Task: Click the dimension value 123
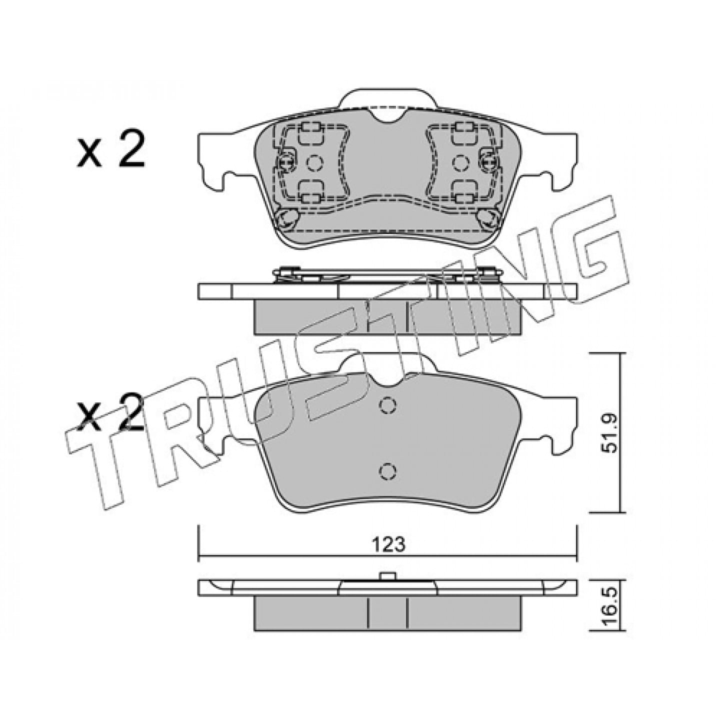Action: point(388,544)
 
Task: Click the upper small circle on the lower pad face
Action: point(387,405)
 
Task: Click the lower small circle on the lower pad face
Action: point(387,471)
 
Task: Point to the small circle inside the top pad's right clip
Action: point(460,162)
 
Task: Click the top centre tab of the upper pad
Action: point(387,98)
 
